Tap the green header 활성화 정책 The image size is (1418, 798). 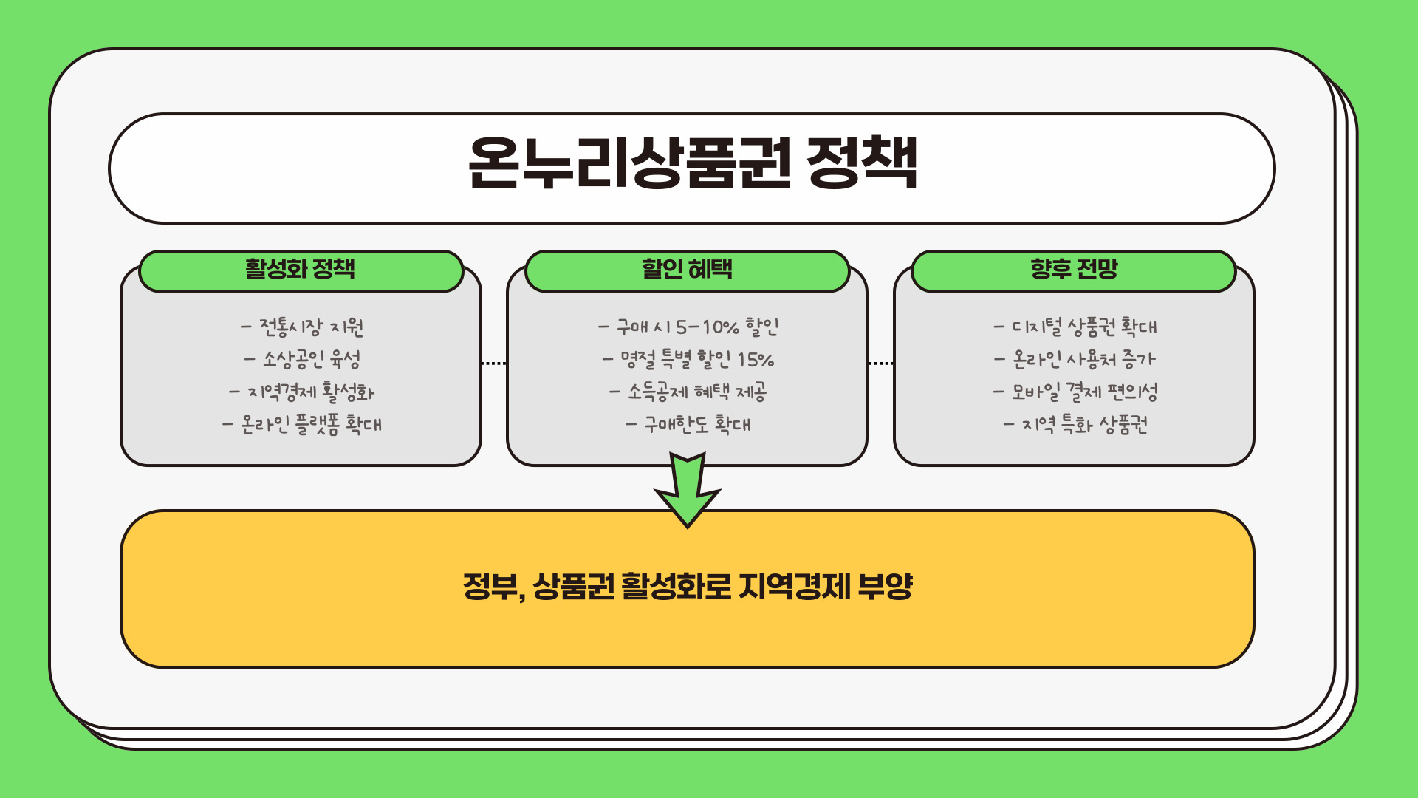[x=301, y=269]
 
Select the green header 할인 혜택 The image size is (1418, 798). [x=687, y=269]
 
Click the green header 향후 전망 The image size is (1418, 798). [x=1074, y=269]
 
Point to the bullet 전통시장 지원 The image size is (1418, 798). [x=302, y=327]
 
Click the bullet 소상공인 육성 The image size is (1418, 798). [x=302, y=360]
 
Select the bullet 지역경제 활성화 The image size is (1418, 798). [x=302, y=392]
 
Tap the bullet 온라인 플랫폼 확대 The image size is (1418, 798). [x=302, y=425]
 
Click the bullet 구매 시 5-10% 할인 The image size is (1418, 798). [x=688, y=327]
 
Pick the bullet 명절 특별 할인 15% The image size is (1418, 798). [x=688, y=360]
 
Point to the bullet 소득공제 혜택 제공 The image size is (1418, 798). [x=688, y=392]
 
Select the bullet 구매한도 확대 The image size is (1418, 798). [x=688, y=425]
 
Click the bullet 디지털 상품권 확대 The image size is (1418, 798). [x=1075, y=327]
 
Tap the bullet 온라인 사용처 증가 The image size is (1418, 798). [x=1075, y=360]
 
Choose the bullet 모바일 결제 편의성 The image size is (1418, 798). [x=1075, y=392]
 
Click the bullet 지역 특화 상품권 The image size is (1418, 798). [x=1075, y=425]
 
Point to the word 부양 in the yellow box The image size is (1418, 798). [x=886, y=587]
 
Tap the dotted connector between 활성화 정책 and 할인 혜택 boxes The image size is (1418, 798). [x=493, y=364]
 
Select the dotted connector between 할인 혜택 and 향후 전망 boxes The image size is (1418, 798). [x=880, y=364]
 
